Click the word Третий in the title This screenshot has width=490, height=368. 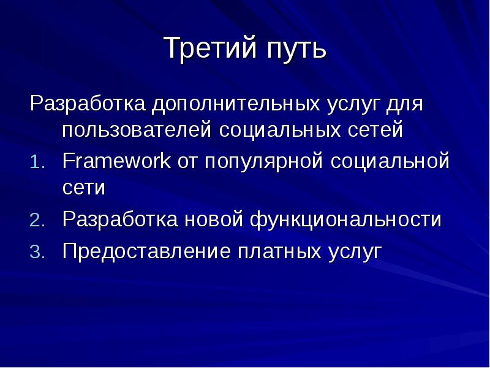pos(205,49)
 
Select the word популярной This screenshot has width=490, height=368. pos(263,163)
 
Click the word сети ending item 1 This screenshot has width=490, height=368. pos(84,188)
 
